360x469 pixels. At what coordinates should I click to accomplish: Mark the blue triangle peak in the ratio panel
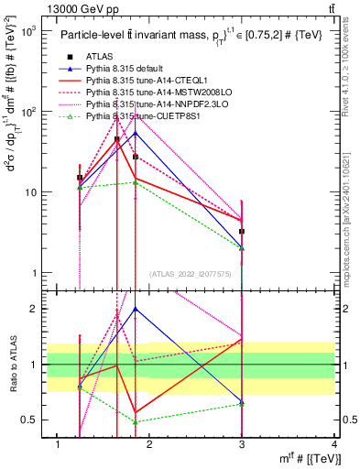(x=136, y=309)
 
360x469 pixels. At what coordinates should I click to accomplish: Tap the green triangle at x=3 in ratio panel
(x=242, y=404)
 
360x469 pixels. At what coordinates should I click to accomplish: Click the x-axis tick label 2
(x=150, y=444)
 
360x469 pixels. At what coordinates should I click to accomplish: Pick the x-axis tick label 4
(x=335, y=444)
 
